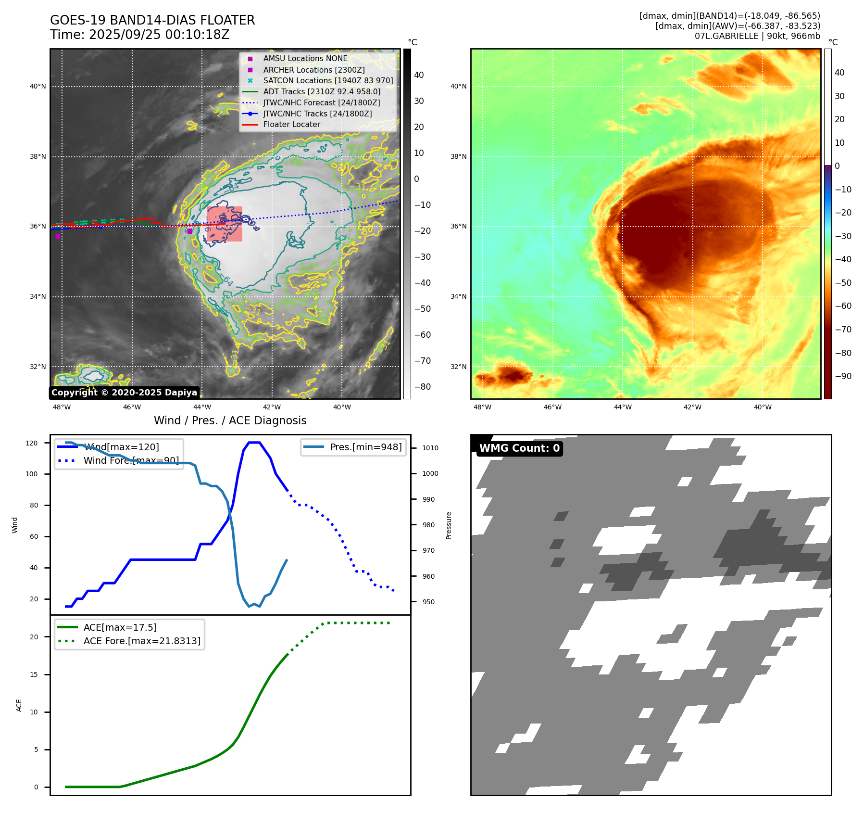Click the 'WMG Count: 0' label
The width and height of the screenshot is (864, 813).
click(519, 448)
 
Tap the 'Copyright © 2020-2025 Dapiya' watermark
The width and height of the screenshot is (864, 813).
click(124, 393)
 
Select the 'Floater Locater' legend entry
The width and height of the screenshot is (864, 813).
click(291, 125)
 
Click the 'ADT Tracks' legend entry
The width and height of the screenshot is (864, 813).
click(321, 91)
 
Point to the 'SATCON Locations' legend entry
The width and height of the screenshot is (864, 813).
click(328, 80)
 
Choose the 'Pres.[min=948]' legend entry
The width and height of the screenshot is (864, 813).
click(365, 447)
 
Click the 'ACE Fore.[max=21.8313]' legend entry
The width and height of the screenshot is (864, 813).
click(142, 641)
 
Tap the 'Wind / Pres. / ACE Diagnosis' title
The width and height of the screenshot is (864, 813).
click(230, 420)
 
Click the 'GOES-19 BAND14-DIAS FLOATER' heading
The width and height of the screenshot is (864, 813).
click(152, 20)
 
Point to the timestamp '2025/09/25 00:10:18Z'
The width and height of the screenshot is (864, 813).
click(159, 35)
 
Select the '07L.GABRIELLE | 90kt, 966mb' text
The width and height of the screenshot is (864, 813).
click(757, 36)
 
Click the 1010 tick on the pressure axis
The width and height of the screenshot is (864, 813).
click(430, 448)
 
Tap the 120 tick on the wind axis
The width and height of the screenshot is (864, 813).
click(32, 443)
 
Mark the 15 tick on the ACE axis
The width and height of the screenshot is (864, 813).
click(34, 674)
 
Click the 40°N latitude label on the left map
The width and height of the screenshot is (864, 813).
click(38, 87)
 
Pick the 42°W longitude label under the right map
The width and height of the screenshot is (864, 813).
click(692, 407)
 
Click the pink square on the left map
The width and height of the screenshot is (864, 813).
click(225, 224)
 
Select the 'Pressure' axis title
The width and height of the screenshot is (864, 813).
click(449, 525)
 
